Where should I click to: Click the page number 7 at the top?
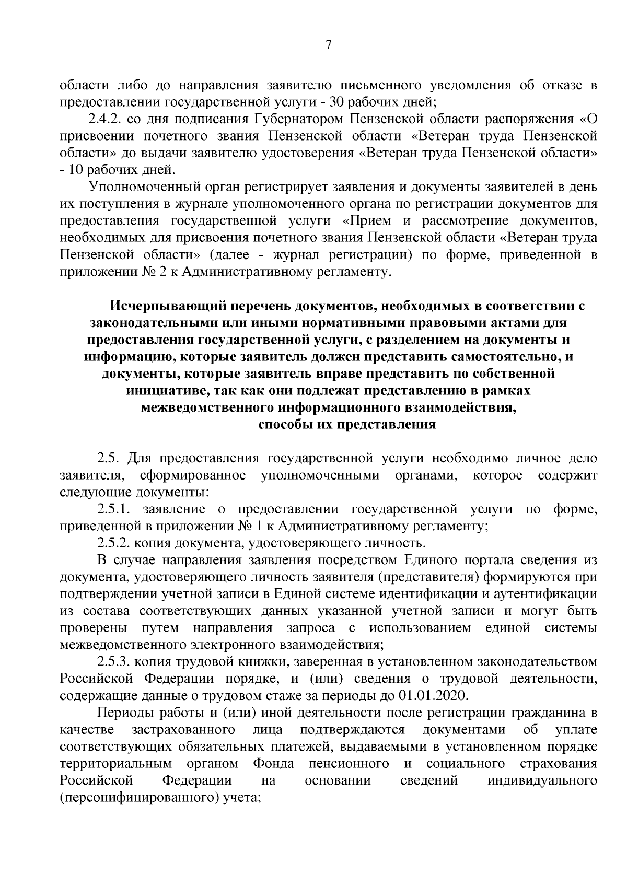328,45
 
